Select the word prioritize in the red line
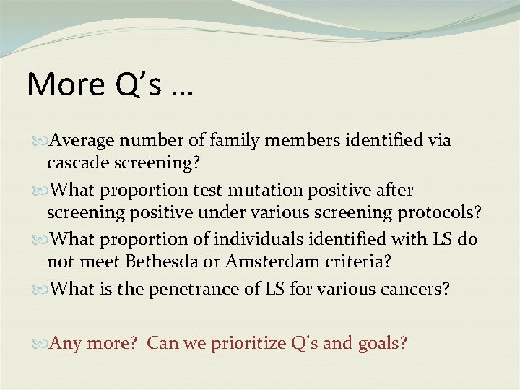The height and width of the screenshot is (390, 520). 247,343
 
